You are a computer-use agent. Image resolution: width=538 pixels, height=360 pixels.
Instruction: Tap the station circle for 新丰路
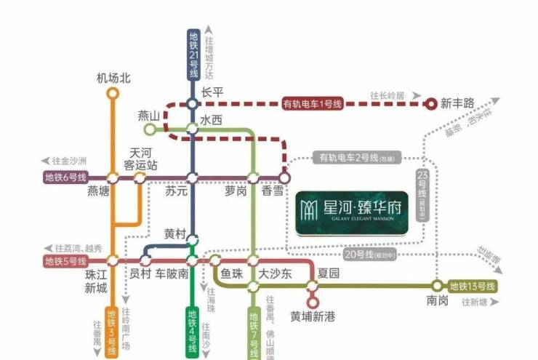click(x=431, y=104)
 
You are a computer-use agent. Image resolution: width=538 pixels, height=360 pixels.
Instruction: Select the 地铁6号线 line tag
click(x=65, y=177)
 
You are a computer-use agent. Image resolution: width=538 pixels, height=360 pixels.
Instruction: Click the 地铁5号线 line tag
click(x=65, y=260)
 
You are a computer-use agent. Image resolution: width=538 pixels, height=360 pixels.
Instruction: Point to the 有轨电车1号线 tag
click(x=313, y=104)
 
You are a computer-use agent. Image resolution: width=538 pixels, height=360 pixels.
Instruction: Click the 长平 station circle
click(x=192, y=104)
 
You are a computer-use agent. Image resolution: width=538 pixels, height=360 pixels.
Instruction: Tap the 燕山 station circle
click(x=150, y=130)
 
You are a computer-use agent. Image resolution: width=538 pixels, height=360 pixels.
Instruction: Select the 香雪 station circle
click(x=284, y=177)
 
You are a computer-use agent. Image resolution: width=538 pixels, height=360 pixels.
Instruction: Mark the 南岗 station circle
click(x=438, y=286)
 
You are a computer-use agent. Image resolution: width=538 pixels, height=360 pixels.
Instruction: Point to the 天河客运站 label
click(x=143, y=159)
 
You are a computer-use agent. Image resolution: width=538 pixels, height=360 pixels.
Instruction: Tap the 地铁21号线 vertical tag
click(x=193, y=55)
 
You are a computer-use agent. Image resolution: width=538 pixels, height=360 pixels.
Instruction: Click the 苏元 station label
click(x=177, y=192)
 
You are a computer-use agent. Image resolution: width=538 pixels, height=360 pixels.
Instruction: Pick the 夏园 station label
click(x=329, y=274)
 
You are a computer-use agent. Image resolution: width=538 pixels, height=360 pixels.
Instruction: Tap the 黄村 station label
click(x=176, y=234)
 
